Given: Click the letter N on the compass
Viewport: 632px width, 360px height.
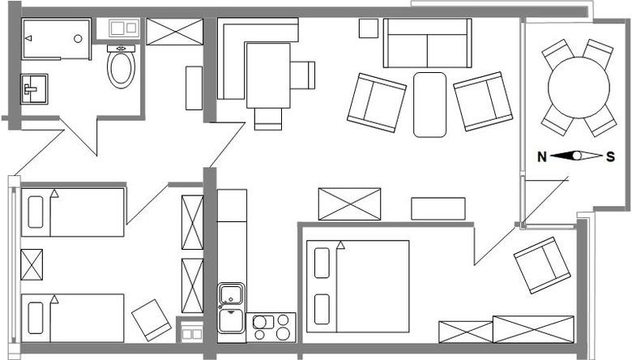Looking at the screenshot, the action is (542, 156).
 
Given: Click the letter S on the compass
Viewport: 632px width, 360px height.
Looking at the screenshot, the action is (611, 156).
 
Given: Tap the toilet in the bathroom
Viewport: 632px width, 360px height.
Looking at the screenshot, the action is (121, 66).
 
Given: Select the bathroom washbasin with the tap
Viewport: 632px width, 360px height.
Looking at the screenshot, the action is (34, 89).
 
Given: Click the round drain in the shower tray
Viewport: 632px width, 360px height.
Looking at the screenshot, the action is (79, 39).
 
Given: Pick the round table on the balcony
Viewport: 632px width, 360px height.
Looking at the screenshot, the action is (579, 88).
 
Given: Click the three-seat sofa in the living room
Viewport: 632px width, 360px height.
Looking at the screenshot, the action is (427, 43).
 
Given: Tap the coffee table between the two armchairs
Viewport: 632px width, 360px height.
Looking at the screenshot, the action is (429, 105).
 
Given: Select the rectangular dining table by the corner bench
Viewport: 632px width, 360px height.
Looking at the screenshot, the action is (268, 75).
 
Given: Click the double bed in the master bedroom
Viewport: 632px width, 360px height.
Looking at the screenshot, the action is (358, 287).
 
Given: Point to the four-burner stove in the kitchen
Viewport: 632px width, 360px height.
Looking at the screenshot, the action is (271, 328).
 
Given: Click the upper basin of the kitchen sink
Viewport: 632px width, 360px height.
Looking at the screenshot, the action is (231, 294).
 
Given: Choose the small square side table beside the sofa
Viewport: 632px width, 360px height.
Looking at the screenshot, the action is (369, 28).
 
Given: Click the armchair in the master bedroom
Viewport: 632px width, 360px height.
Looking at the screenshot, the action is (542, 265).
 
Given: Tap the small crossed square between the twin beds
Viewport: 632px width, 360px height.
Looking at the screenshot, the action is (32, 265).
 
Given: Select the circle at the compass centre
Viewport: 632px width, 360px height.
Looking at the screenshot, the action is (577, 156).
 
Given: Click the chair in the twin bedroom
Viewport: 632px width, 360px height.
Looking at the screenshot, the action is (152, 320).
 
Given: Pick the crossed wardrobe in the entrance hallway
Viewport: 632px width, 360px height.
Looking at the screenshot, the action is (174, 32).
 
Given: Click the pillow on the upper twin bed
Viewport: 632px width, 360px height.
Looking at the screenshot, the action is (36, 212).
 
